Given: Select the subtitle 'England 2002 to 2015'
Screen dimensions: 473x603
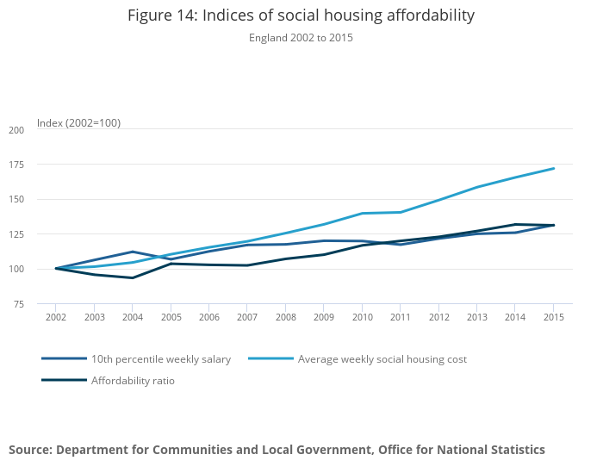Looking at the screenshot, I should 301,38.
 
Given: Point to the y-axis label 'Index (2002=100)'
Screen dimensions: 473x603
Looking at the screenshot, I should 78,123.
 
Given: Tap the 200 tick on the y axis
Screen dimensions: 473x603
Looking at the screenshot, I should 16,130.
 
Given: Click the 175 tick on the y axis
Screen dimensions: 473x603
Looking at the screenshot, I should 16,165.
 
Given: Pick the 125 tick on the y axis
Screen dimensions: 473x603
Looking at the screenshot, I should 16,234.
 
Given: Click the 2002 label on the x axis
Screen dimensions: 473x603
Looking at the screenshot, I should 56,318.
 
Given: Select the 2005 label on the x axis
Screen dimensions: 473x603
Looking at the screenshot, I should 171,318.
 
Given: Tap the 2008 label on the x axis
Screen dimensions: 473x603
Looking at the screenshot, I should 285,318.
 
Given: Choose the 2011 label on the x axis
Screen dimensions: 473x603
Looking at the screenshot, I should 401,318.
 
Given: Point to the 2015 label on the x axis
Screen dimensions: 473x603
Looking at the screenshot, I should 554,318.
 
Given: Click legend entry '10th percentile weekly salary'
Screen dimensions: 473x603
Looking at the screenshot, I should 160,359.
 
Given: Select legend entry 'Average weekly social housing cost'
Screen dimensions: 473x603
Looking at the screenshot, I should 382,359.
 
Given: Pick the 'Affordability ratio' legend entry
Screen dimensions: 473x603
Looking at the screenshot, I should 133,380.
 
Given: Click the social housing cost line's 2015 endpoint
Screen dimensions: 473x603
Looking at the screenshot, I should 554,168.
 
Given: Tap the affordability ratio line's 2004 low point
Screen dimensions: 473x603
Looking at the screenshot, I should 133,277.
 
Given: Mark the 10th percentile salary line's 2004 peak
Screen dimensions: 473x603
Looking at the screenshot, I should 133,252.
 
